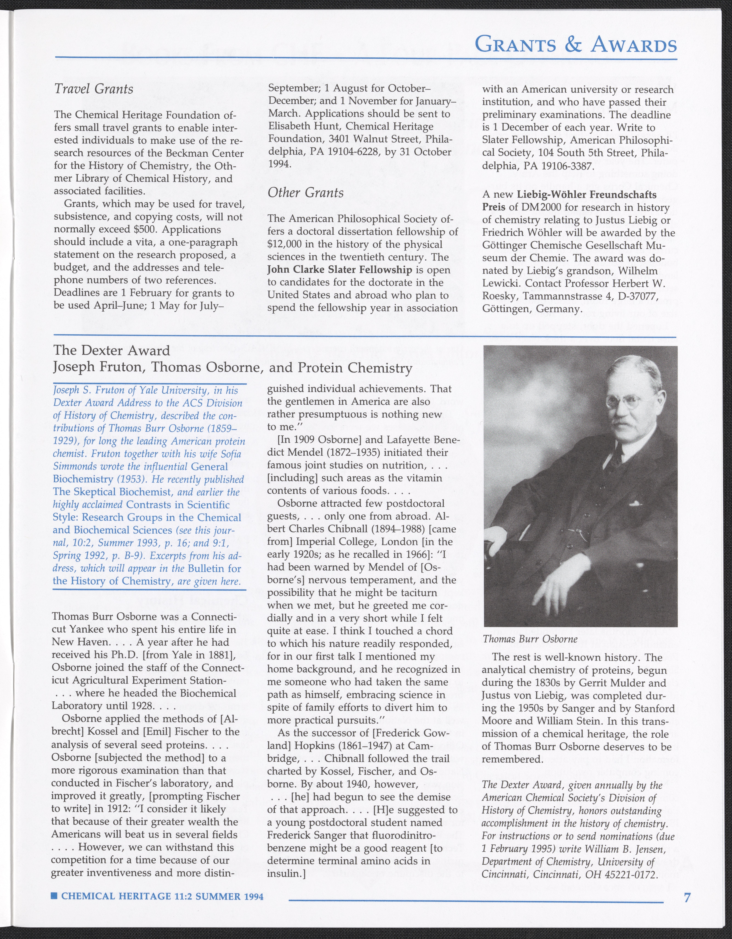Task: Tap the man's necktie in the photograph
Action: pos(617,456)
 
